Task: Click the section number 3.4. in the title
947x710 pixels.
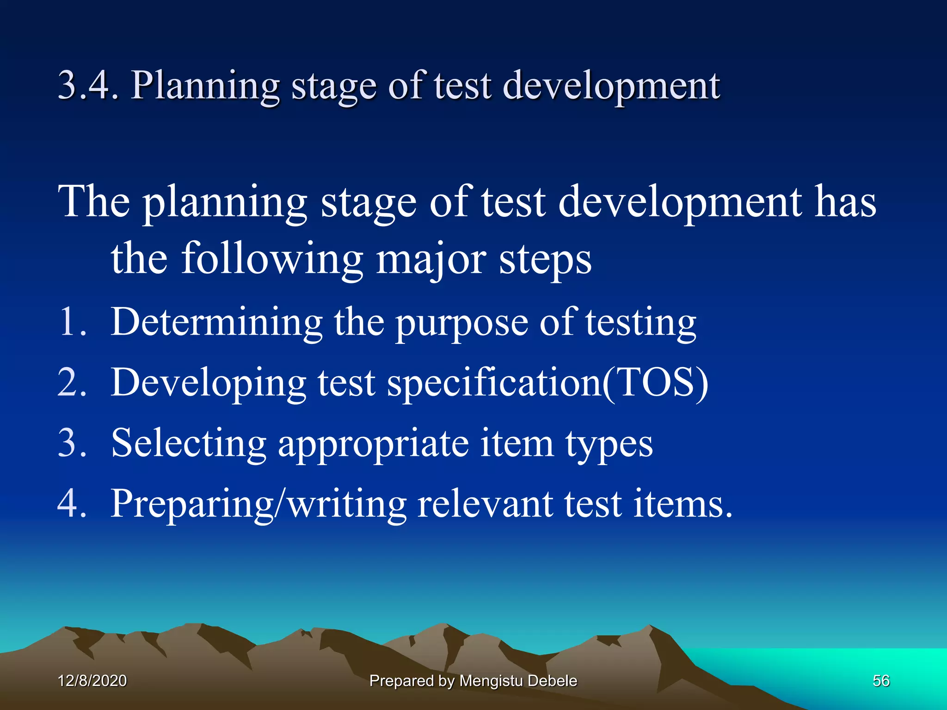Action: [x=88, y=86]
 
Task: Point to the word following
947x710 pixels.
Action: [x=272, y=260]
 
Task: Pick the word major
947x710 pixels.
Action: [x=430, y=260]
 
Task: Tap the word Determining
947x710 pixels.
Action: [x=216, y=323]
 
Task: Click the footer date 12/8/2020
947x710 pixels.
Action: [x=92, y=681]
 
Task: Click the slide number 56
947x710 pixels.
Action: [x=881, y=681]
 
